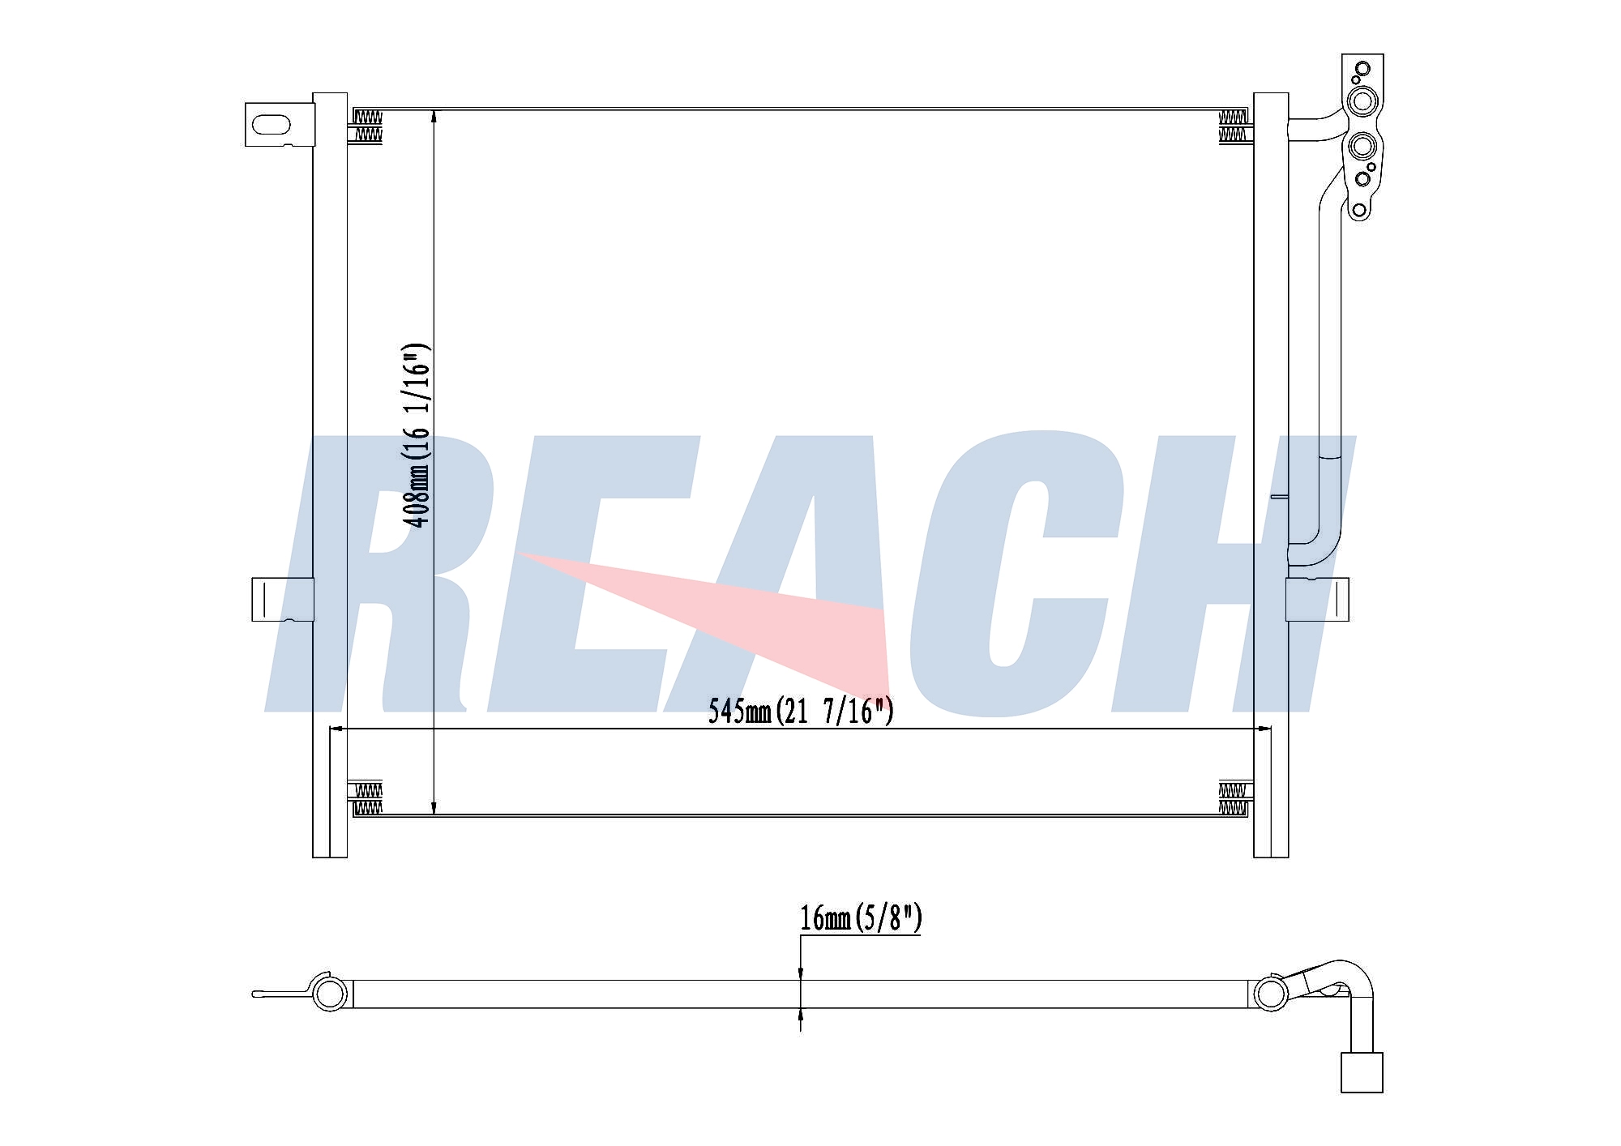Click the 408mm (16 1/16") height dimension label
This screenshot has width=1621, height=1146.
tap(417, 435)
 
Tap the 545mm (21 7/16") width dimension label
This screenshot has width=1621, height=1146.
tap(801, 711)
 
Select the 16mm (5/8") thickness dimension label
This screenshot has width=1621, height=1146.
tap(861, 918)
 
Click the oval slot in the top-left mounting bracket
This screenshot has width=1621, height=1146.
tap(271, 125)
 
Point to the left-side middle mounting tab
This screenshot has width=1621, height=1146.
tap(282, 600)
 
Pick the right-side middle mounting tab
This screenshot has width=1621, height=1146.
tap(1317, 600)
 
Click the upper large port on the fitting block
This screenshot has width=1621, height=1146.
tap(1362, 101)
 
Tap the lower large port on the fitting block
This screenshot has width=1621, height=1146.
tap(1362, 147)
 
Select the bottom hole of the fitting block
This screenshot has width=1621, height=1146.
tap(1359, 211)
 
